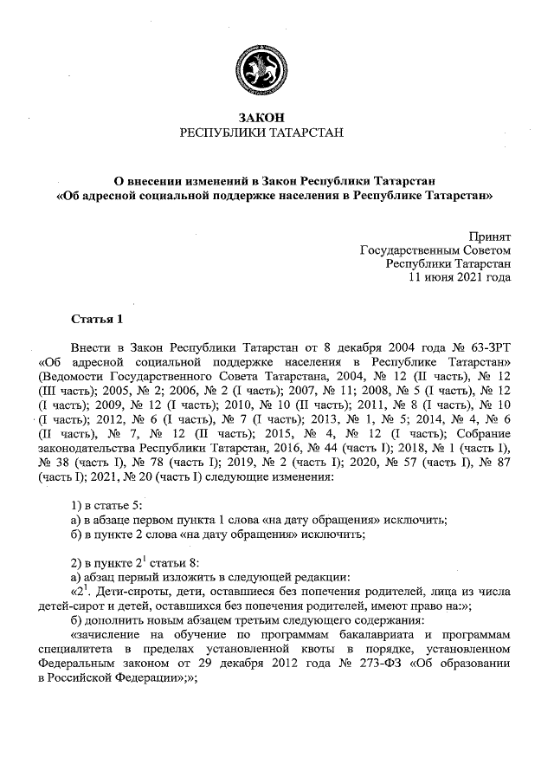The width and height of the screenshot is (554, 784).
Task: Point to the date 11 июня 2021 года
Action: (460, 278)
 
